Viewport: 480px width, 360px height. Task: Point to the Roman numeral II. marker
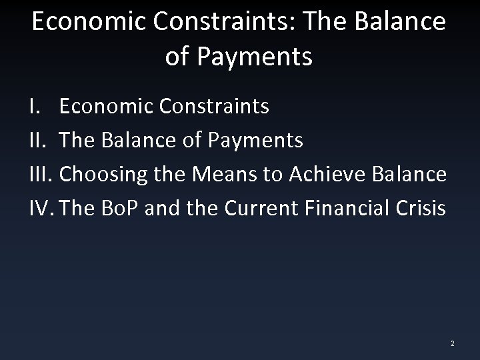click(x=40, y=141)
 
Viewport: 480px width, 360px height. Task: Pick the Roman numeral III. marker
click(x=43, y=174)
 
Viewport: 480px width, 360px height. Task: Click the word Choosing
click(x=105, y=174)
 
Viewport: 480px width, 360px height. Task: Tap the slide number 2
click(x=452, y=343)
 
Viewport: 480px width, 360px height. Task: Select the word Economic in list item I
click(x=103, y=107)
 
